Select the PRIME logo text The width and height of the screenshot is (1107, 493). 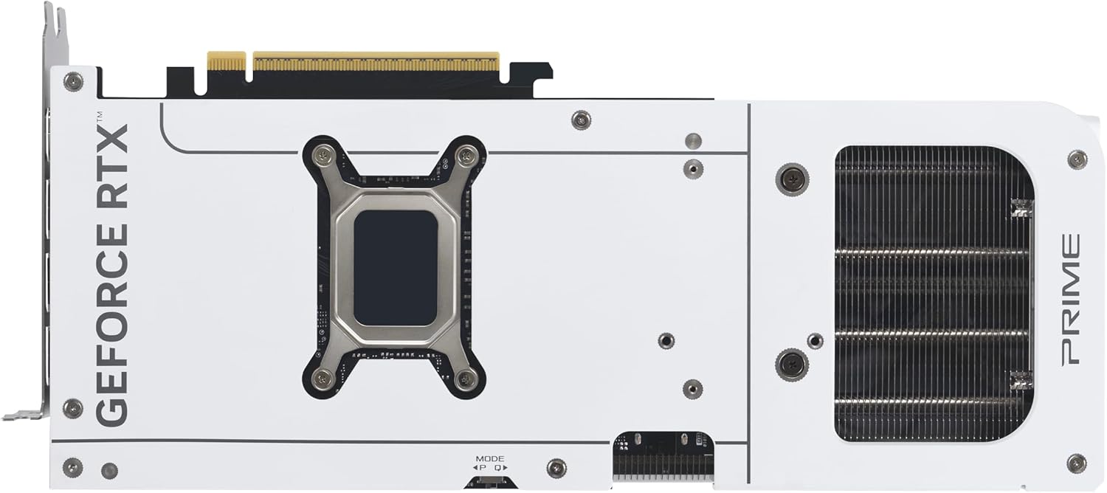click(x=1070, y=300)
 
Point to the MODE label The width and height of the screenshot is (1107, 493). click(x=490, y=458)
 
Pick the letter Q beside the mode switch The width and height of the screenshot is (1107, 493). click(x=498, y=467)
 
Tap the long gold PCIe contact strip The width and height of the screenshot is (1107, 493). click(x=376, y=61)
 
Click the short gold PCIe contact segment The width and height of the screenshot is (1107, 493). click(x=226, y=61)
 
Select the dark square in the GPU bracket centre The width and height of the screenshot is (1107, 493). click(x=396, y=267)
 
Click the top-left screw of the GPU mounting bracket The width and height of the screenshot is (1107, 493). click(x=323, y=155)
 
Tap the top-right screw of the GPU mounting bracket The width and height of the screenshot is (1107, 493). click(x=466, y=155)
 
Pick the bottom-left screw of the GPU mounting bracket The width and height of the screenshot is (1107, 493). click(x=323, y=379)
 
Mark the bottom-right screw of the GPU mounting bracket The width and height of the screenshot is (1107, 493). click(x=466, y=379)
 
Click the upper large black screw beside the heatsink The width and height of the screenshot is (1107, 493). click(x=792, y=179)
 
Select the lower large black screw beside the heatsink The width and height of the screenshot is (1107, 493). click(x=792, y=364)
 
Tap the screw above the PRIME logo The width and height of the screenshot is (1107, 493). click(x=1077, y=159)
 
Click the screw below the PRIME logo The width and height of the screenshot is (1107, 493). click(x=1076, y=463)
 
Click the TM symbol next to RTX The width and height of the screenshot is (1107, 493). click(x=100, y=117)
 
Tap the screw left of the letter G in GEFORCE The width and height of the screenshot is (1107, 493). click(x=72, y=408)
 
